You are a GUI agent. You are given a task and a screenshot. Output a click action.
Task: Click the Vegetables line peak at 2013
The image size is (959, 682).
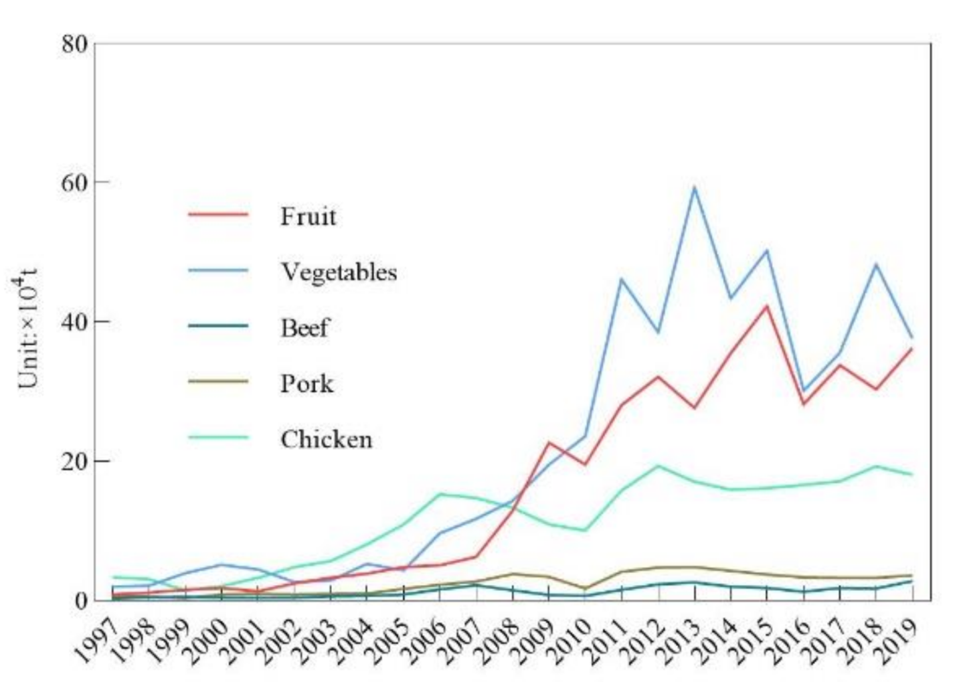pos(695,187)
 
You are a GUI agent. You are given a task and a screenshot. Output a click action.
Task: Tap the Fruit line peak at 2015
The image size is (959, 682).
pos(767,306)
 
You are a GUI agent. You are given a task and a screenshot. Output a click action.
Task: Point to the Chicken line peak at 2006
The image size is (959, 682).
pos(440,494)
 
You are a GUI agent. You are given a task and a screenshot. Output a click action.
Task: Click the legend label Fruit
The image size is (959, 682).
pos(308,216)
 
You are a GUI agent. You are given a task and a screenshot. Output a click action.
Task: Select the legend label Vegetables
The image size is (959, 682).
pos(339,272)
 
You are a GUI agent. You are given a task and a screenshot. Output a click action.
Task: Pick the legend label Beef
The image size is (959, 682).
pos(304,328)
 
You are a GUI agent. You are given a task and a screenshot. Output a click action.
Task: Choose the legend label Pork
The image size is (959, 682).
pos(307,383)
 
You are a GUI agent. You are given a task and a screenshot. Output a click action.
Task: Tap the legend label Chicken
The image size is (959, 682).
pos(326,440)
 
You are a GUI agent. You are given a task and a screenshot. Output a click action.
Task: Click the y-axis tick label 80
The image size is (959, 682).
pos(74,44)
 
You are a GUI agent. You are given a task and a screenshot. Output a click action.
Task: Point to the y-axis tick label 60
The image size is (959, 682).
pos(74,182)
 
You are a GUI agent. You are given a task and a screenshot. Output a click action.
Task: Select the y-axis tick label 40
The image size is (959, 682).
pos(74,322)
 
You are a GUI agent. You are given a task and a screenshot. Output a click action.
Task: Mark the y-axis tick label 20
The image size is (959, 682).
pos(74,462)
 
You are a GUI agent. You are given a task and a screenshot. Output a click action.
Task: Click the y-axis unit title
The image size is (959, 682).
pos(28,328)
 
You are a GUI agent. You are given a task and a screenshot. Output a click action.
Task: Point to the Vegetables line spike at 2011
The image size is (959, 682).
pos(622,279)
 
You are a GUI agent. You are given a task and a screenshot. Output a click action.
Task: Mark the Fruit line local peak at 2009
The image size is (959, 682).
pos(549,442)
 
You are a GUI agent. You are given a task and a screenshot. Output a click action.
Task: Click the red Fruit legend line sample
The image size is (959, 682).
pos(218,215)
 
